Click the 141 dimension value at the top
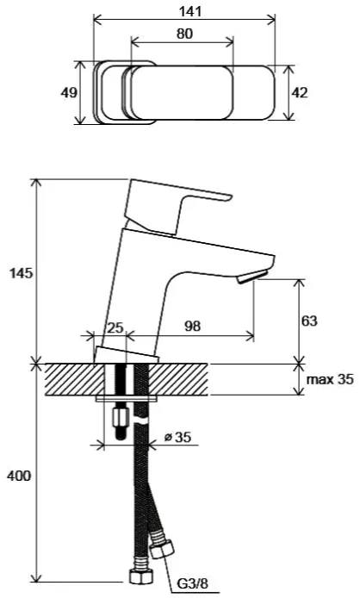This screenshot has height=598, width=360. coord(190,11)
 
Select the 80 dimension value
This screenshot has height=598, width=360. coord(184,34)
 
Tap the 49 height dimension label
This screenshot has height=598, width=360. coord(69,93)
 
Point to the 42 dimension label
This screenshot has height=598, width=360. coord(300,93)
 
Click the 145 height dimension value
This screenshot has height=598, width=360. coord(22,273)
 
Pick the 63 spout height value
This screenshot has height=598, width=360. coord(309,321)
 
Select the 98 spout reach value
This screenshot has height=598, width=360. coord(193,327)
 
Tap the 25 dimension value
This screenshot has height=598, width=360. coord(115,327)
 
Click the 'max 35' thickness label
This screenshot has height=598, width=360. coord(330,379)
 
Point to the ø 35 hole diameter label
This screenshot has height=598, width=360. coord(177,437)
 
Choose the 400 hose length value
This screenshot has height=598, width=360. coord(19,476)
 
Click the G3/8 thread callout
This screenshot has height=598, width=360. coord(193,583)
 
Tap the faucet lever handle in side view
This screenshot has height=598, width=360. coord(176,206)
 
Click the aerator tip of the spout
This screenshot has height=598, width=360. coord(251,276)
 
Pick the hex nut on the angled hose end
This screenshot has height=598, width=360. coord(162,549)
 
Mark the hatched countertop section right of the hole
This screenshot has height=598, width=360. coord(178,379)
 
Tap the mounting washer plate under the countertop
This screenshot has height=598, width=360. coord(127,399)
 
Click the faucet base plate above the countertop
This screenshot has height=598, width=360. coord(127,356)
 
